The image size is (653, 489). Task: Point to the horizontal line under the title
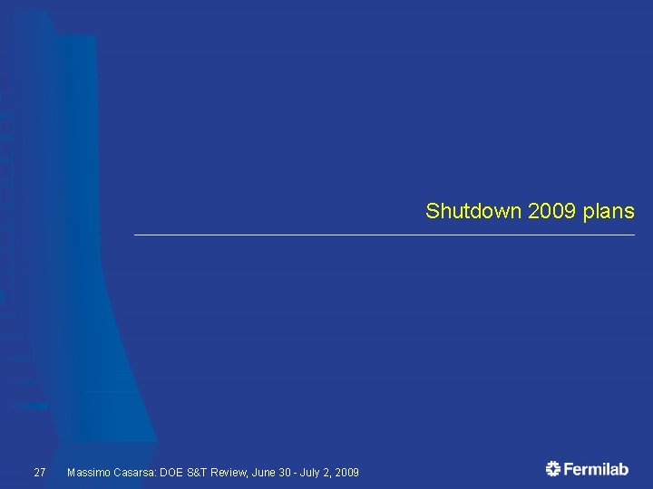click(x=384, y=235)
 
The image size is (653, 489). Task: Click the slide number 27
click(x=39, y=473)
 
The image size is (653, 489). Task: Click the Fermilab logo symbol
click(x=553, y=468)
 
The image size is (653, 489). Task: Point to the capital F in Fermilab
click(x=569, y=468)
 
